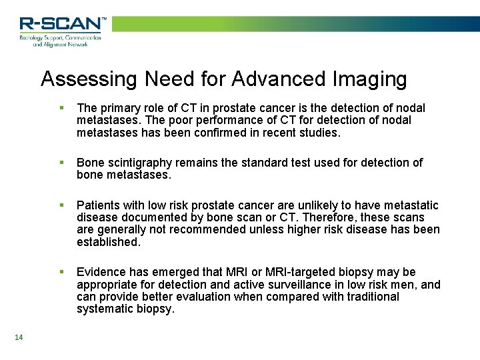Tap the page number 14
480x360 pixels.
pos(18,338)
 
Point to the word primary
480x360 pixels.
pos(117,108)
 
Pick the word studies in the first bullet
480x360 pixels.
pos(319,133)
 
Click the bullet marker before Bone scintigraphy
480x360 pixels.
pos(61,163)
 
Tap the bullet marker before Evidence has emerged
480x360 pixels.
pos(61,272)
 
